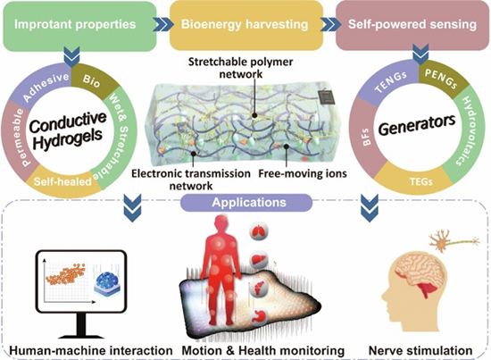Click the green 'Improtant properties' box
point(79,26)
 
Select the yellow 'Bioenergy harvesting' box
point(246,25)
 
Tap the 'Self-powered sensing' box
point(412,25)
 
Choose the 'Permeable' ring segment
point(16,138)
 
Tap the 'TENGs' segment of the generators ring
point(389,83)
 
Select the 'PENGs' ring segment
point(442,79)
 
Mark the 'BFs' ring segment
point(365,138)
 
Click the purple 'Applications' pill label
point(246,203)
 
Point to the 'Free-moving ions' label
point(303,173)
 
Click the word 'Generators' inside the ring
point(417,125)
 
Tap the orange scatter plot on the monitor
point(65,273)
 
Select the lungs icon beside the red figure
point(259,232)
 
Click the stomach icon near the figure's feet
point(259,316)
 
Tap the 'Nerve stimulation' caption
point(420,350)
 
